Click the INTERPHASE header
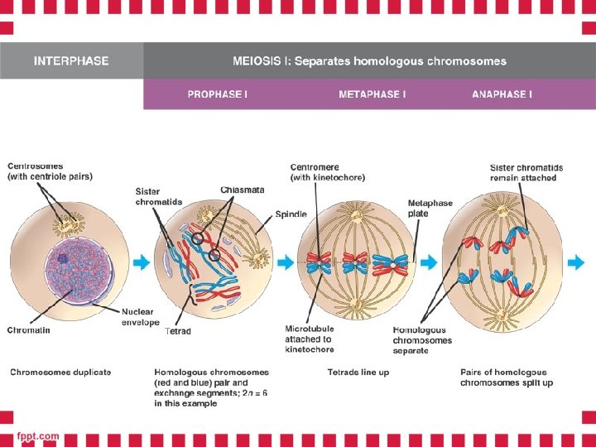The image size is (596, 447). (x=71, y=61)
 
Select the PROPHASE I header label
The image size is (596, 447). (x=217, y=94)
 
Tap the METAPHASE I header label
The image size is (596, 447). (x=372, y=94)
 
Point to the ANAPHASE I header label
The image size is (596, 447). (x=502, y=94)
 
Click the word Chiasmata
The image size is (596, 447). (x=243, y=190)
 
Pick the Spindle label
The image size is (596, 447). (x=291, y=214)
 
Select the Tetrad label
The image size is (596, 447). (x=178, y=331)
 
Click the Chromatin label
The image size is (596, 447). (x=29, y=329)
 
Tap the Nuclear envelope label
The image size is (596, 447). (x=140, y=317)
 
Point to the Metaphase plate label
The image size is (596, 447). (x=430, y=208)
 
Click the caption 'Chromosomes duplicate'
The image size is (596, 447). (x=60, y=372)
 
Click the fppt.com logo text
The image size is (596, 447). (x=39, y=435)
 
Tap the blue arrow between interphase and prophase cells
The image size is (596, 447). (x=142, y=262)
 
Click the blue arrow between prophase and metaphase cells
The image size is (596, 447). (x=283, y=262)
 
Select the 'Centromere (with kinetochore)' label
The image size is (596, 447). (x=327, y=172)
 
